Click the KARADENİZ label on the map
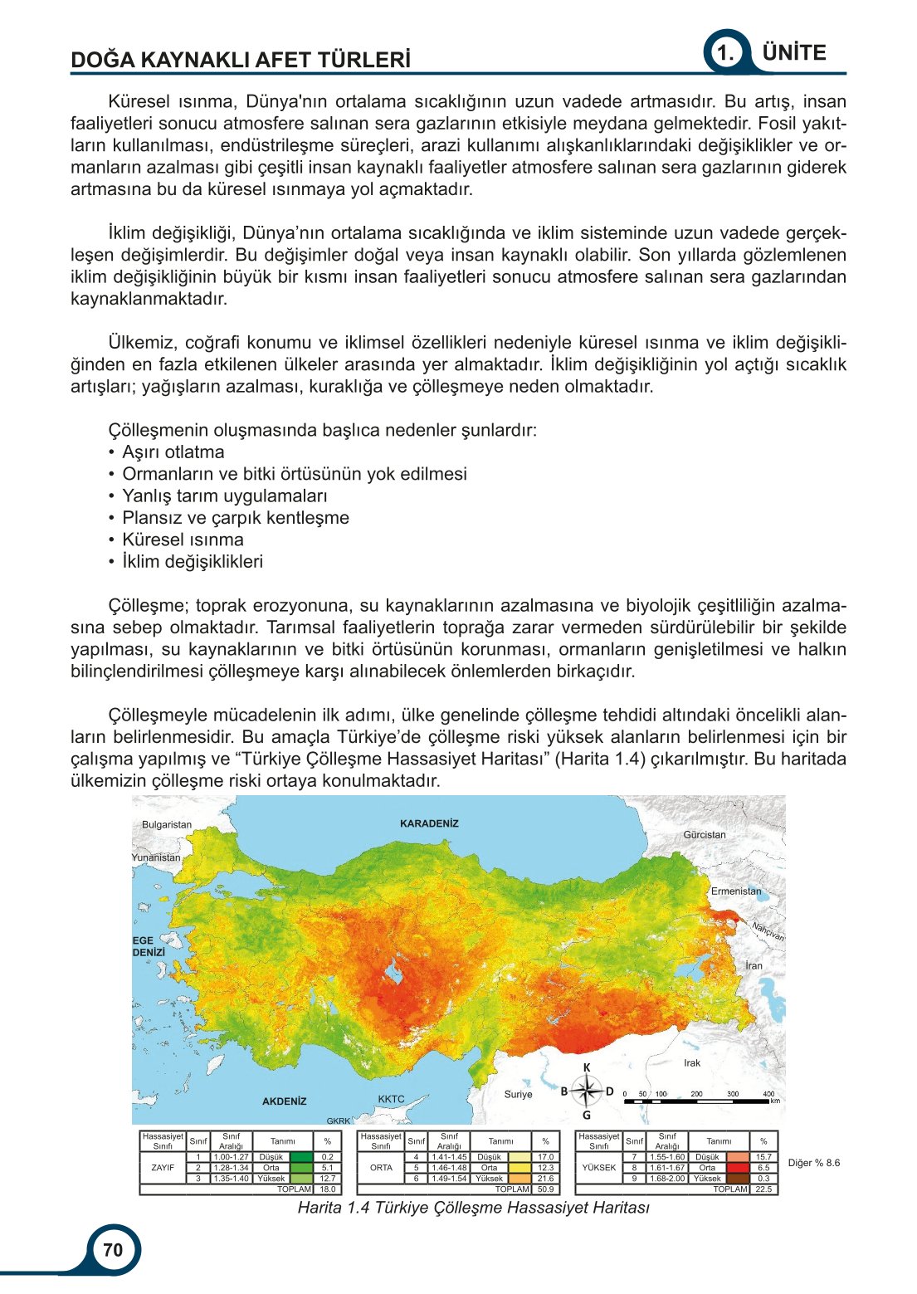point(429,823)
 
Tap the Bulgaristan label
point(167,824)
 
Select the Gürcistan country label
point(705,834)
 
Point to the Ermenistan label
point(736,891)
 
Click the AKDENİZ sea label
point(285,1101)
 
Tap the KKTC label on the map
point(391,1099)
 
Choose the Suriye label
point(518,1094)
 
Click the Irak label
point(692,1062)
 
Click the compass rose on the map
point(587,1091)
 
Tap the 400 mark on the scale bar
point(768,1094)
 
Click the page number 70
point(113,1249)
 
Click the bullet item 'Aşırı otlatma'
point(173,452)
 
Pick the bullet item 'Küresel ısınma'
point(183,540)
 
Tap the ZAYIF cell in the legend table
point(163,1167)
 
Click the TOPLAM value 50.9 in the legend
point(545,1189)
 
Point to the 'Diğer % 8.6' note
point(813,1163)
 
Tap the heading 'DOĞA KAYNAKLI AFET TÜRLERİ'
point(241,60)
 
